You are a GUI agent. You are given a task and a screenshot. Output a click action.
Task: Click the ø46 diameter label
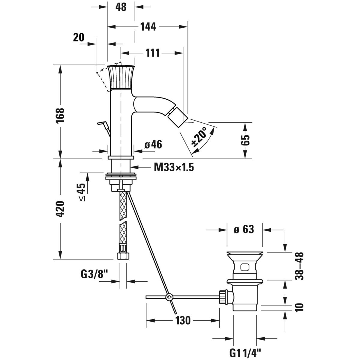(x=153, y=145)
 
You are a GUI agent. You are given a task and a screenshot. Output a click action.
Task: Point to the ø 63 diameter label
(x=244, y=230)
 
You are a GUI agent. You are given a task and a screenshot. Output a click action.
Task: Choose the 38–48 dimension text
(x=299, y=266)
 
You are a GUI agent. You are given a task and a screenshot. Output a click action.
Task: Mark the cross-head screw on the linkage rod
(x=170, y=297)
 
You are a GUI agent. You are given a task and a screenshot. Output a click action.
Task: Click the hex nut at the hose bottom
(x=122, y=256)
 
